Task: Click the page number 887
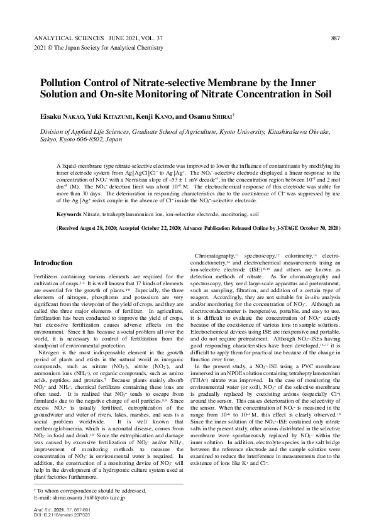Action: [335, 38]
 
